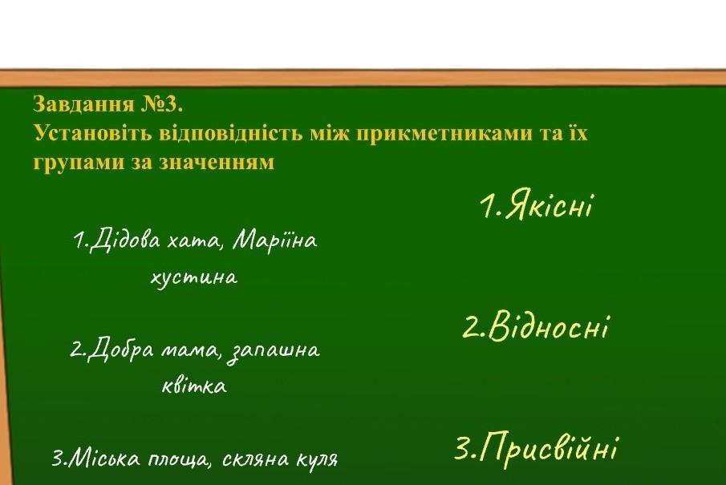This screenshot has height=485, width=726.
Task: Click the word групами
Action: pyautogui.click(x=79, y=164)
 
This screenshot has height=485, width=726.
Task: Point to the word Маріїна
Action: pyautogui.click(x=275, y=240)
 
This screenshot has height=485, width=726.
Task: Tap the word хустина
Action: pyautogui.click(x=194, y=278)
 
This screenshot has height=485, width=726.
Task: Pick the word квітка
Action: pyautogui.click(x=194, y=386)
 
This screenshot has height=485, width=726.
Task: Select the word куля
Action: pyautogui.click(x=317, y=460)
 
